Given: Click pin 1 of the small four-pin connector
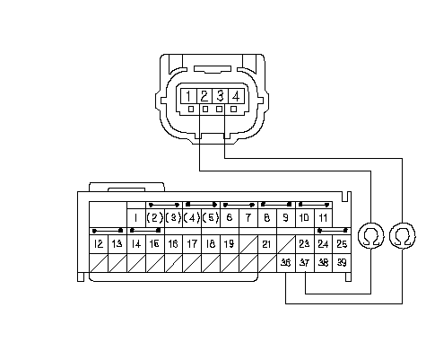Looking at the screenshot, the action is click(x=188, y=96).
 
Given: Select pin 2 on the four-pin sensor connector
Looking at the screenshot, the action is click(x=204, y=96).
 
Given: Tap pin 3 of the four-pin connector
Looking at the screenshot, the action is click(x=220, y=96).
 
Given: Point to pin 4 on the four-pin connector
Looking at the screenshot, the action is click(x=236, y=96).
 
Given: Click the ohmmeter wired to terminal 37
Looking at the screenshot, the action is click(x=371, y=235).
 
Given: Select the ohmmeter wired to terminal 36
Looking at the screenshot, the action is click(x=403, y=235).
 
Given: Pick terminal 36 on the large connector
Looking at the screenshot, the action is click(x=286, y=263).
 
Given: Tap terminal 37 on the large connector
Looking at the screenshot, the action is click(x=305, y=263).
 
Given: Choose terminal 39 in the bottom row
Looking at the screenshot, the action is click(x=342, y=263).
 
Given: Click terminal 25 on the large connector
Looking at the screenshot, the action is click(x=342, y=244).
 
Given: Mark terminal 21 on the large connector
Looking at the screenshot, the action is click(x=267, y=244).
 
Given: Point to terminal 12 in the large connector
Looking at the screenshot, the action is click(x=99, y=244).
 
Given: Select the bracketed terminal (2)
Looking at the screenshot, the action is click(x=154, y=217).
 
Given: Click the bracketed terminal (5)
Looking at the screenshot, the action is click(x=211, y=217).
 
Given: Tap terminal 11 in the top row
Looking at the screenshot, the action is click(x=323, y=217).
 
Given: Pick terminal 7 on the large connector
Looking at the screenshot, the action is click(x=248, y=217).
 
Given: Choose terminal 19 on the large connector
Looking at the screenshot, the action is click(x=230, y=244).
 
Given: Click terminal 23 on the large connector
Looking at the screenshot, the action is click(x=305, y=244).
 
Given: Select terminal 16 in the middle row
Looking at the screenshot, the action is click(x=173, y=244).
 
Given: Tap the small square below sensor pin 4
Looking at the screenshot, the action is click(x=234, y=110).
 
